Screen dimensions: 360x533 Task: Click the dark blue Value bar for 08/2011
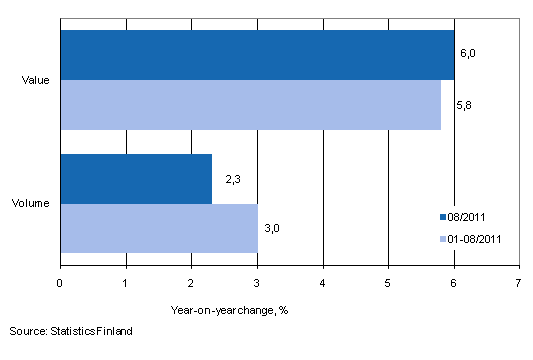(x=257, y=55)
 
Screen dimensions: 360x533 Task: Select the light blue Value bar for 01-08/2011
(x=250, y=105)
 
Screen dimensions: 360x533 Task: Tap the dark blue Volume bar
(x=136, y=178)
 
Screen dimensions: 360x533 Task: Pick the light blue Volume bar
(x=159, y=227)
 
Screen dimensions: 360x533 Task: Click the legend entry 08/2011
(x=469, y=215)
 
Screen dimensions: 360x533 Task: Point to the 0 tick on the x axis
(x=61, y=283)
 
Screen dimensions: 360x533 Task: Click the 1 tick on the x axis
(x=126, y=283)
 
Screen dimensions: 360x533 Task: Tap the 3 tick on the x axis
(x=257, y=283)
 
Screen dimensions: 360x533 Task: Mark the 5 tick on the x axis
(x=388, y=283)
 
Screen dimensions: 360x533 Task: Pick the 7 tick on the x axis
(x=519, y=283)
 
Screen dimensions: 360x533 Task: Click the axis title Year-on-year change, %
(x=229, y=309)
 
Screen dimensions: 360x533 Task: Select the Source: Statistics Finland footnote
(x=70, y=329)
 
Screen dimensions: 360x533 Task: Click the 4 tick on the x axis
(x=323, y=283)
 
